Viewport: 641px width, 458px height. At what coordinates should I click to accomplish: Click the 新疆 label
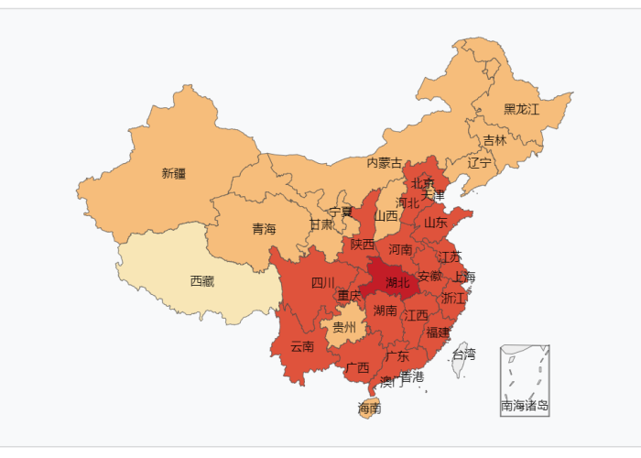[x=174, y=173]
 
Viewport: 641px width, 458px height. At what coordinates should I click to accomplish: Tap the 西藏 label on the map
[x=202, y=281]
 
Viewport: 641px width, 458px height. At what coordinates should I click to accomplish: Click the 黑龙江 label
[x=522, y=109]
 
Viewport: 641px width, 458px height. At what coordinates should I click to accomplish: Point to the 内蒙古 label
[x=385, y=163]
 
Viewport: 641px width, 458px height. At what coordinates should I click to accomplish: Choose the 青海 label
[x=264, y=229]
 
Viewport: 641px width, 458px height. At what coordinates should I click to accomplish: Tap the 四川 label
[x=323, y=282]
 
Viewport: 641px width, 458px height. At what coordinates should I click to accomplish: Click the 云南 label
[x=302, y=346]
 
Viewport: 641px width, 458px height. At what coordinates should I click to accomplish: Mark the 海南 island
[x=370, y=409]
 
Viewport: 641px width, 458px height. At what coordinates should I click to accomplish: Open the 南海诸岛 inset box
[x=525, y=380]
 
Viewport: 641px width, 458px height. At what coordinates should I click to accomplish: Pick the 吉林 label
[x=494, y=140]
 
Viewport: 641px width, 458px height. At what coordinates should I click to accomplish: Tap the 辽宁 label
[x=480, y=163]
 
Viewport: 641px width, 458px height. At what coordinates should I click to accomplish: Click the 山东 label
[x=436, y=223]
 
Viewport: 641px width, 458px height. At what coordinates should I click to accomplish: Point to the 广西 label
[x=357, y=368]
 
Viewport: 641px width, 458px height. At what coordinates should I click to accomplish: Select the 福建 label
[x=439, y=332]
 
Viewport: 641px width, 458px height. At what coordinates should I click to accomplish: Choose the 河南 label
[x=400, y=248]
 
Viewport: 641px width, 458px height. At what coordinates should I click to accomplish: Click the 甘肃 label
[x=320, y=224]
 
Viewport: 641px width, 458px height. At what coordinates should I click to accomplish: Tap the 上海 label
[x=464, y=277]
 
